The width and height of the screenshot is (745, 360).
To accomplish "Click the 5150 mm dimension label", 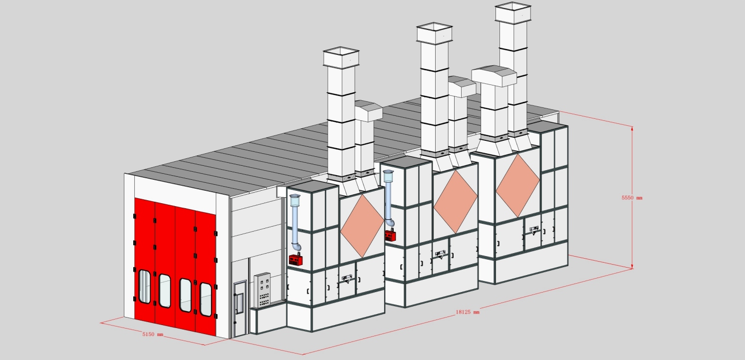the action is coord(153,334).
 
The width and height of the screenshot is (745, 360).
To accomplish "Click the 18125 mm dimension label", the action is coord(468,312).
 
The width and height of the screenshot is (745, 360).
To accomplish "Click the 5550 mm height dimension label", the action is coord(632,198).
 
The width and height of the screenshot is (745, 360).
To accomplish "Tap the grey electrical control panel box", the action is coord(262,290).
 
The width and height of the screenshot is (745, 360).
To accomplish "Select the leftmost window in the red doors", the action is coord(144,286).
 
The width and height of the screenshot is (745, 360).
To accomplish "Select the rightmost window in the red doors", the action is coord(205,299).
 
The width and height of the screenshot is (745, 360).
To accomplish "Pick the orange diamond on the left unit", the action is coord(362,223).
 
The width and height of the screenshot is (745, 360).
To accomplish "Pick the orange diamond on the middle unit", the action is coord(456,201).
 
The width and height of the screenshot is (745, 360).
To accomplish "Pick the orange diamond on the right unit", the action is coord(517,178).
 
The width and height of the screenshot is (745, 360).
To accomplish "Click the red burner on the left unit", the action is coord(296,259).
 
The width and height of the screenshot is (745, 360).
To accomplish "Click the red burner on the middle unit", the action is coord(390,235).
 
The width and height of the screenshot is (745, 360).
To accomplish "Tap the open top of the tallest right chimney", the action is coord(512,6).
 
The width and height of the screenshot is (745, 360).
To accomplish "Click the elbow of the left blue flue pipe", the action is coord(297,247).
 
